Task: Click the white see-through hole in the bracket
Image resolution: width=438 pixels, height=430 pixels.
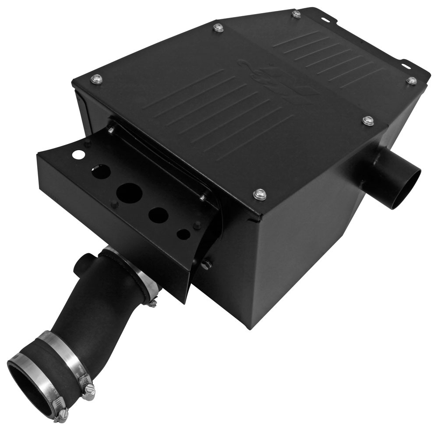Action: (79, 155)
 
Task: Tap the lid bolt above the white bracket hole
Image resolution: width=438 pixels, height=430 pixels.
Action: (97, 79)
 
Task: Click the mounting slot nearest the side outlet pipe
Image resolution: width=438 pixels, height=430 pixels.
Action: (405, 65)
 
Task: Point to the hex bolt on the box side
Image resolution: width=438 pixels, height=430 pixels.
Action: (205, 264)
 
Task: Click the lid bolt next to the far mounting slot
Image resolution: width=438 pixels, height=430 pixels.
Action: (297, 14)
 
